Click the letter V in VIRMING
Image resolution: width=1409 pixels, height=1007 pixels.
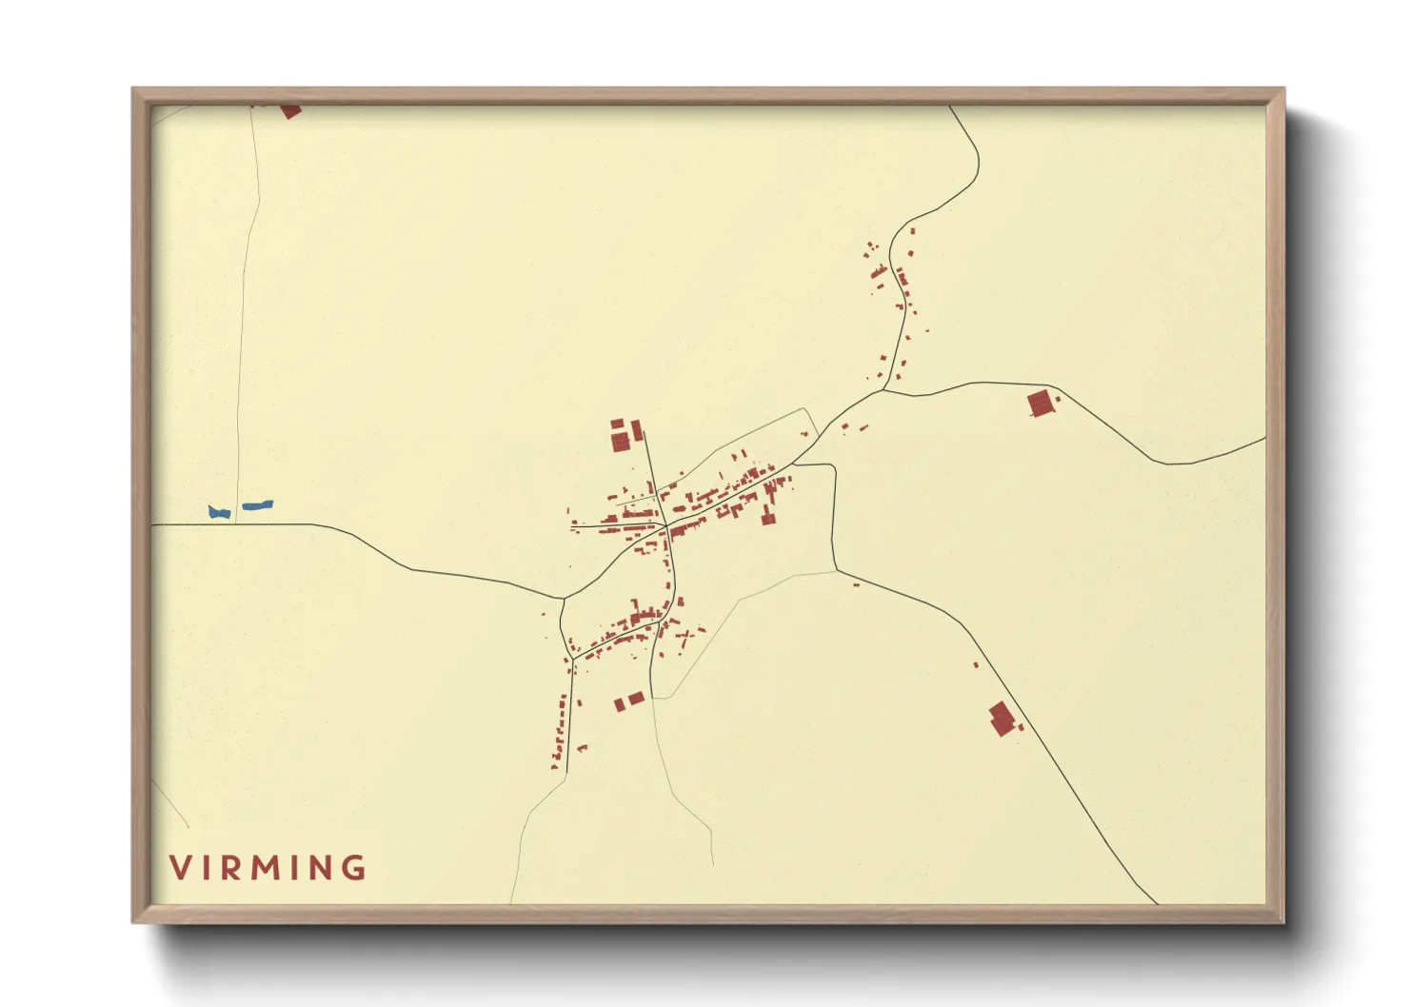[x=181, y=868]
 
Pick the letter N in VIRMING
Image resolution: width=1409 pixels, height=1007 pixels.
[x=321, y=868]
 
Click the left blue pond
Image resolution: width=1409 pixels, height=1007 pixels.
[x=219, y=512]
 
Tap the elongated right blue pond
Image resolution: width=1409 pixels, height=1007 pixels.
[x=257, y=505]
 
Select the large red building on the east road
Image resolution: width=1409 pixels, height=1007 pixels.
[x=1042, y=404]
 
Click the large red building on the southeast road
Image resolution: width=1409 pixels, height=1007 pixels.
[x=1001, y=719]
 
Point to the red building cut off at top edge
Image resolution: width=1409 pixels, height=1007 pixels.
[x=290, y=111]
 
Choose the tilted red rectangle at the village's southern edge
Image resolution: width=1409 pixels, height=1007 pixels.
[x=635, y=699]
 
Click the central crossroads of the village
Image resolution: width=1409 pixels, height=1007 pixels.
[x=665, y=524]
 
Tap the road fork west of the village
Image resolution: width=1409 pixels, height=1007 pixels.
[x=564, y=598]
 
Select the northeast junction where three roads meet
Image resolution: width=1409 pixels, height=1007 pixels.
[x=883, y=389]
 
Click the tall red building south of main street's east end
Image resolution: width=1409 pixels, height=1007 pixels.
[x=767, y=515]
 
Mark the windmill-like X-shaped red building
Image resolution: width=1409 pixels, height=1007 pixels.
[x=685, y=634]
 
